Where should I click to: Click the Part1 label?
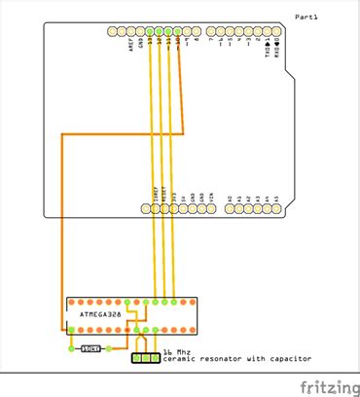[306, 17]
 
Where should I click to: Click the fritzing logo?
[326, 387]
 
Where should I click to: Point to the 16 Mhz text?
[175, 352]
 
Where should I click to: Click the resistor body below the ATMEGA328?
[91, 347]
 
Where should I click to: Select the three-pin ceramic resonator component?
[146, 359]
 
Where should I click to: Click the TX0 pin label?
[269, 44]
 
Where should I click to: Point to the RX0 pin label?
[277, 44]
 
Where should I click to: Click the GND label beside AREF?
[141, 43]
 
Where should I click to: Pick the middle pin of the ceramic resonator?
[146, 359]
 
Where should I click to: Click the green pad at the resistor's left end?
[73, 347]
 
